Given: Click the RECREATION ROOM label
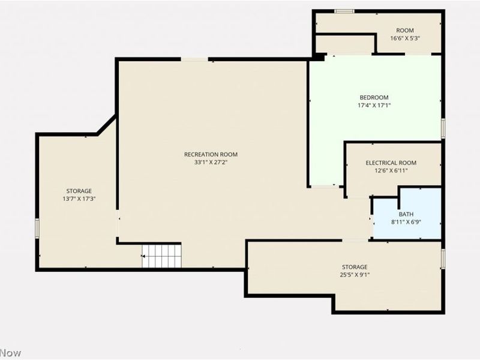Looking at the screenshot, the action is [x=211, y=154].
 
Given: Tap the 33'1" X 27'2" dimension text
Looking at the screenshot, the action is [x=211, y=162].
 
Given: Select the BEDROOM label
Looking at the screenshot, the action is [x=374, y=97].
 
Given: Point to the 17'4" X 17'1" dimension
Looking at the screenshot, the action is [x=374, y=106].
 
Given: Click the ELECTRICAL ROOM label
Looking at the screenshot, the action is [x=391, y=163].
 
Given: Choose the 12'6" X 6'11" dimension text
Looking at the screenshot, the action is [x=391, y=170].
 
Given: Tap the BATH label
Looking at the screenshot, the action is [x=406, y=214].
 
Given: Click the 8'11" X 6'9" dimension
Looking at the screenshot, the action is [x=406, y=222].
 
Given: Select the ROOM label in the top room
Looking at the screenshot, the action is [x=404, y=31].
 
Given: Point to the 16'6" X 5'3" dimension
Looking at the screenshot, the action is [x=404, y=38].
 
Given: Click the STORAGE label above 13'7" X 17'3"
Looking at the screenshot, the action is [x=79, y=191].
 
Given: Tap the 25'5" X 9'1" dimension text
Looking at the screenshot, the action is [x=355, y=275].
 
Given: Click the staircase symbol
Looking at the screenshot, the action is [x=161, y=256].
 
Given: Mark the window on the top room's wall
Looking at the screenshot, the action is [x=344, y=11].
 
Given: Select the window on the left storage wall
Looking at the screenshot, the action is [x=37, y=228].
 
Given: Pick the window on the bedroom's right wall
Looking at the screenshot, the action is [x=443, y=128].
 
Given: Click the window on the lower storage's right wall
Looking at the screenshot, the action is [x=443, y=259].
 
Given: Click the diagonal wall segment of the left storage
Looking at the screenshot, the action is [x=106, y=125].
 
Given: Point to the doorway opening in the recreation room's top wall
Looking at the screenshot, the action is [x=194, y=59].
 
